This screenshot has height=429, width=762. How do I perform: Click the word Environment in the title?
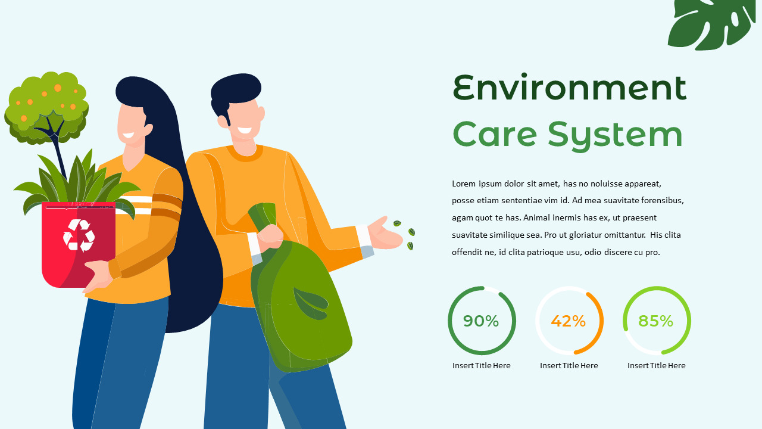[569, 88]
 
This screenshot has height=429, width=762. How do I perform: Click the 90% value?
[481, 321]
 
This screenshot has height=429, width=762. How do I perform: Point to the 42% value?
[569, 321]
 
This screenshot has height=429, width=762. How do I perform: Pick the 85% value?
[656, 321]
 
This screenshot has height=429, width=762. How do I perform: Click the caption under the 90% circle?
[481, 365]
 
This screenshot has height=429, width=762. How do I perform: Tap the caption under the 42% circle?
[569, 365]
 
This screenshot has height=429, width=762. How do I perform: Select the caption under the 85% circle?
[656, 365]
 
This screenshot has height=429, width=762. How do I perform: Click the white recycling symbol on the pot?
[79, 235]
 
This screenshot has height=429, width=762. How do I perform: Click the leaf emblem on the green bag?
[310, 303]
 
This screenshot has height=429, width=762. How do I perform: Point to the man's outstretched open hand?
[385, 232]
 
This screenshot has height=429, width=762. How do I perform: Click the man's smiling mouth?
[245, 129]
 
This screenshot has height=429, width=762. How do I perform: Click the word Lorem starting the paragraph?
[464, 184]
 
